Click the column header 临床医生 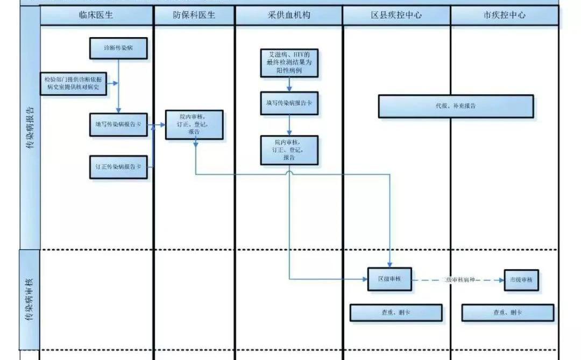(97, 16)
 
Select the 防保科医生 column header (194, 16)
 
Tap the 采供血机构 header (288, 16)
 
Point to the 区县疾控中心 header (396, 16)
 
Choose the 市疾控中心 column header (504, 16)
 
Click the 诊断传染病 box (118, 48)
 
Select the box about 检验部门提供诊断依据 (73, 84)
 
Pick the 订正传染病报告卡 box (118, 167)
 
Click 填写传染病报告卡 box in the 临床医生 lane (118, 124)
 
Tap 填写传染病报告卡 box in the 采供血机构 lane (289, 103)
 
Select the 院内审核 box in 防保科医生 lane (194, 124)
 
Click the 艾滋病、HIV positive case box (289, 63)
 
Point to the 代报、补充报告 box (456, 106)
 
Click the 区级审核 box (389, 279)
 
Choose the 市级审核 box (521, 280)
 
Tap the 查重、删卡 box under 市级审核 (507, 313)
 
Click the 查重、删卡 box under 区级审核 (396, 313)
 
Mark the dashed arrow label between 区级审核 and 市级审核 (458, 280)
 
